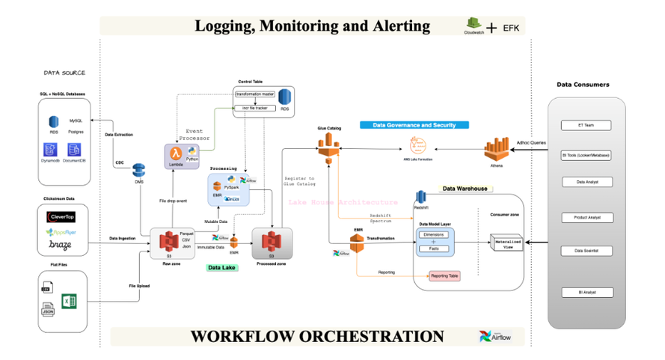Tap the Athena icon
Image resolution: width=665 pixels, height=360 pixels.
point(497,149)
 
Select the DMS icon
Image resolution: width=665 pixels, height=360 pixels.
point(138,171)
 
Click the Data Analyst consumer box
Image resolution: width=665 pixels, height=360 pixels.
point(587,182)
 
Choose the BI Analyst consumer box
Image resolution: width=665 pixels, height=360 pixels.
point(587,293)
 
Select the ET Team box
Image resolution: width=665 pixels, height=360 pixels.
point(587,126)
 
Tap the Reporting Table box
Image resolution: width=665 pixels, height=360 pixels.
point(444,276)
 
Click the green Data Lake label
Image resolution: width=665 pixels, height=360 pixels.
point(223,267)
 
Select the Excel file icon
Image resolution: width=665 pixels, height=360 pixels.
point(69,302)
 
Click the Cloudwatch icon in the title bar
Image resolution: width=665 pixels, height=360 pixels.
point(474,24)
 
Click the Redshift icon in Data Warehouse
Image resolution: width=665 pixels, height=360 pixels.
point(420,196)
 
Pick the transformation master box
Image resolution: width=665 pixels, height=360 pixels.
point(255,94)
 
